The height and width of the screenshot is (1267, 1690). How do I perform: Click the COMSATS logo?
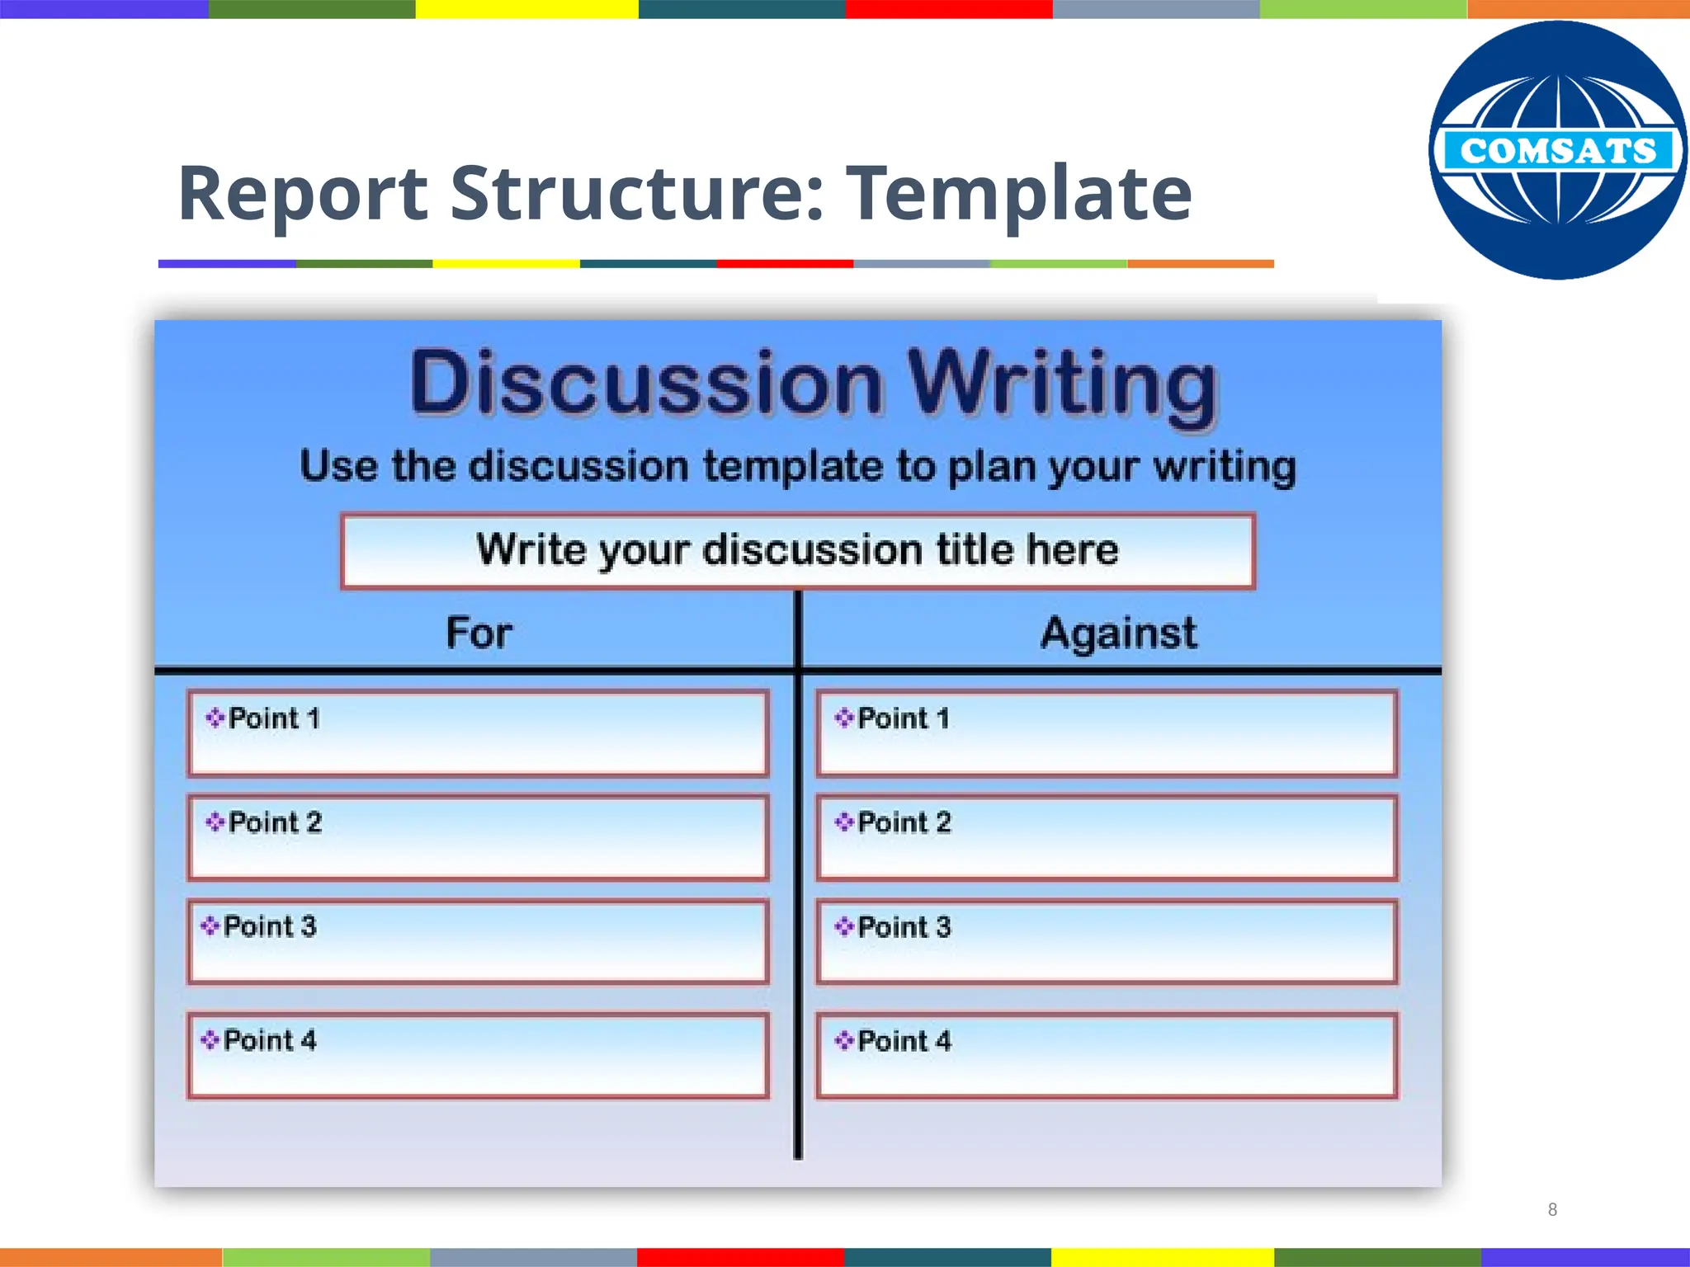[x=1557, y=150]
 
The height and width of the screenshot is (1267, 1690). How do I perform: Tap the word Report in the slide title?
[x=303, y=194]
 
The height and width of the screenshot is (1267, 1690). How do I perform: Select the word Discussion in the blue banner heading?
[x=646, y=384]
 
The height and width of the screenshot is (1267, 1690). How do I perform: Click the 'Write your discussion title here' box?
[x=798, y=550]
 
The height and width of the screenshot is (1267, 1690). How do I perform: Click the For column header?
[x=479, y=633]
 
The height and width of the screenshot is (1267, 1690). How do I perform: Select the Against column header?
[x=1118, y=633]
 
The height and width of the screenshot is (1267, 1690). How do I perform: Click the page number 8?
[x=1552, y=1209]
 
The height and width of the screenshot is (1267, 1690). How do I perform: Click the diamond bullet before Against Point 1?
[x=843, y=718]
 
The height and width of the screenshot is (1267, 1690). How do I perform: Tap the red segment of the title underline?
[x=784, y=264]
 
